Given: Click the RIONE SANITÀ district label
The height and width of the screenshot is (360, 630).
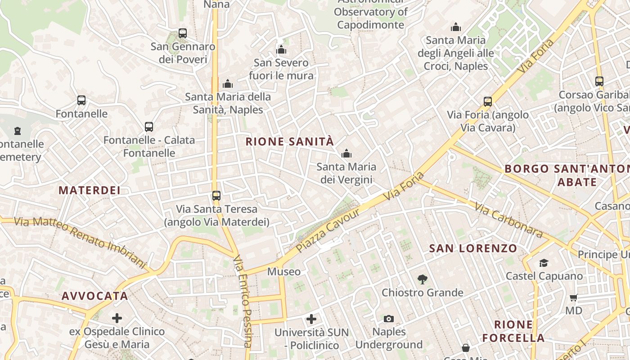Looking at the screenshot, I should coord(290,142).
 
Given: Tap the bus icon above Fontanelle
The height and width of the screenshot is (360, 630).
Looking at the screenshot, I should coord(81,100).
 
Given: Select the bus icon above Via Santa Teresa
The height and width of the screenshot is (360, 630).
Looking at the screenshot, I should coord(216,196).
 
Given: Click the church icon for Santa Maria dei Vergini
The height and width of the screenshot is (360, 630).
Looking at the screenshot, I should coord(346,154).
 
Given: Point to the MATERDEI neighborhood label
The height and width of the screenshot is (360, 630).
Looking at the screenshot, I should coord(90,190).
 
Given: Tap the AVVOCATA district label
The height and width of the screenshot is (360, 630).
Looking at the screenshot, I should coord(95,296).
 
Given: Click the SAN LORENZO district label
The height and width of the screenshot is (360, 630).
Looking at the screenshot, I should coord(473,248).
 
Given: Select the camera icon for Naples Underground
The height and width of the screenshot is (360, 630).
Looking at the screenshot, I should coord(389,319).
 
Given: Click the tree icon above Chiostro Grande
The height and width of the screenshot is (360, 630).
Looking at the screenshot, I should coord(422,279).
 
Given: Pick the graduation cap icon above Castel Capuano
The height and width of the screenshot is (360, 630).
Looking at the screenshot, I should coord(544,263).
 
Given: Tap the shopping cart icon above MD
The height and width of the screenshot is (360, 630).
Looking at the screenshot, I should coord(574,297).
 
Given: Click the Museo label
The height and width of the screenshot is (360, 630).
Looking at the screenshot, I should coord(284,272).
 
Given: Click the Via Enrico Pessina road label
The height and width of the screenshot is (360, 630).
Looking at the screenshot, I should coord(243,301).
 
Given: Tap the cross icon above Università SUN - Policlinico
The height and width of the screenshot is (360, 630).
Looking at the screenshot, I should coord(311,319).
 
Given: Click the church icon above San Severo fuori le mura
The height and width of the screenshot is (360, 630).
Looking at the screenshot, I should coord(281,49).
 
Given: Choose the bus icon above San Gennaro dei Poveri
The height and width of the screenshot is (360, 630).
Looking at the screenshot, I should coord(183,33).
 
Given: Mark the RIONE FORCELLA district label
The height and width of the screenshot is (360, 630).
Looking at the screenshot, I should coord(513,331).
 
